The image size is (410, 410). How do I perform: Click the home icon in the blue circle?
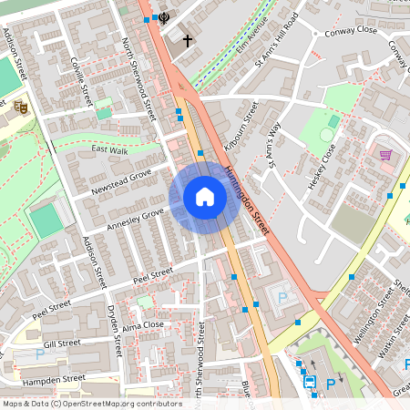[x=205, y=197]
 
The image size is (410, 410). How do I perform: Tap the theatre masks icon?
[x=20, y=107]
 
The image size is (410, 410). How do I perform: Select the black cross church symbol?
[x=188, y=41]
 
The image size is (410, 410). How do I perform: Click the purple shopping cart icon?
[x=385, y=155]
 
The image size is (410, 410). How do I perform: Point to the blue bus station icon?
[x=310, y=382]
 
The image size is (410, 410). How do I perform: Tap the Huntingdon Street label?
[x=246, y=200]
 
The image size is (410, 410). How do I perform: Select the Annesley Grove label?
[x=135, y=218]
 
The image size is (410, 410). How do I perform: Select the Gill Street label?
[x=62, y=343]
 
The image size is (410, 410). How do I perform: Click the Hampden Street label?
[x=55, y=377]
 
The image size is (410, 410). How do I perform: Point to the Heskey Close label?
[x=323, y=167]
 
